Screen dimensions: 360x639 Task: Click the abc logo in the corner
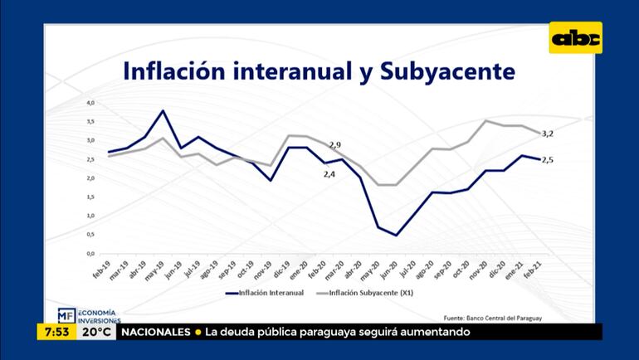(575, 37)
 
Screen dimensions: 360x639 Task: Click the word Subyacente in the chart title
(447, 71)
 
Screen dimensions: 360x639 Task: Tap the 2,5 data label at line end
(547, 160)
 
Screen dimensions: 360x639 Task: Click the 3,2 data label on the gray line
(548, 134)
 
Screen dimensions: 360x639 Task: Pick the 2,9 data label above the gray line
(336, 144)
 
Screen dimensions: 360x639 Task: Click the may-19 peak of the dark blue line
(163, 111)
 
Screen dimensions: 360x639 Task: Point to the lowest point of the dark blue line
(396, 235)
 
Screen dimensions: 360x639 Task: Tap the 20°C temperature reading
(95, 333)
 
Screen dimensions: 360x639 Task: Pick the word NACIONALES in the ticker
(156, 333)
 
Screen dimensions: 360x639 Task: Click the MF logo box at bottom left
(66, 315)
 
